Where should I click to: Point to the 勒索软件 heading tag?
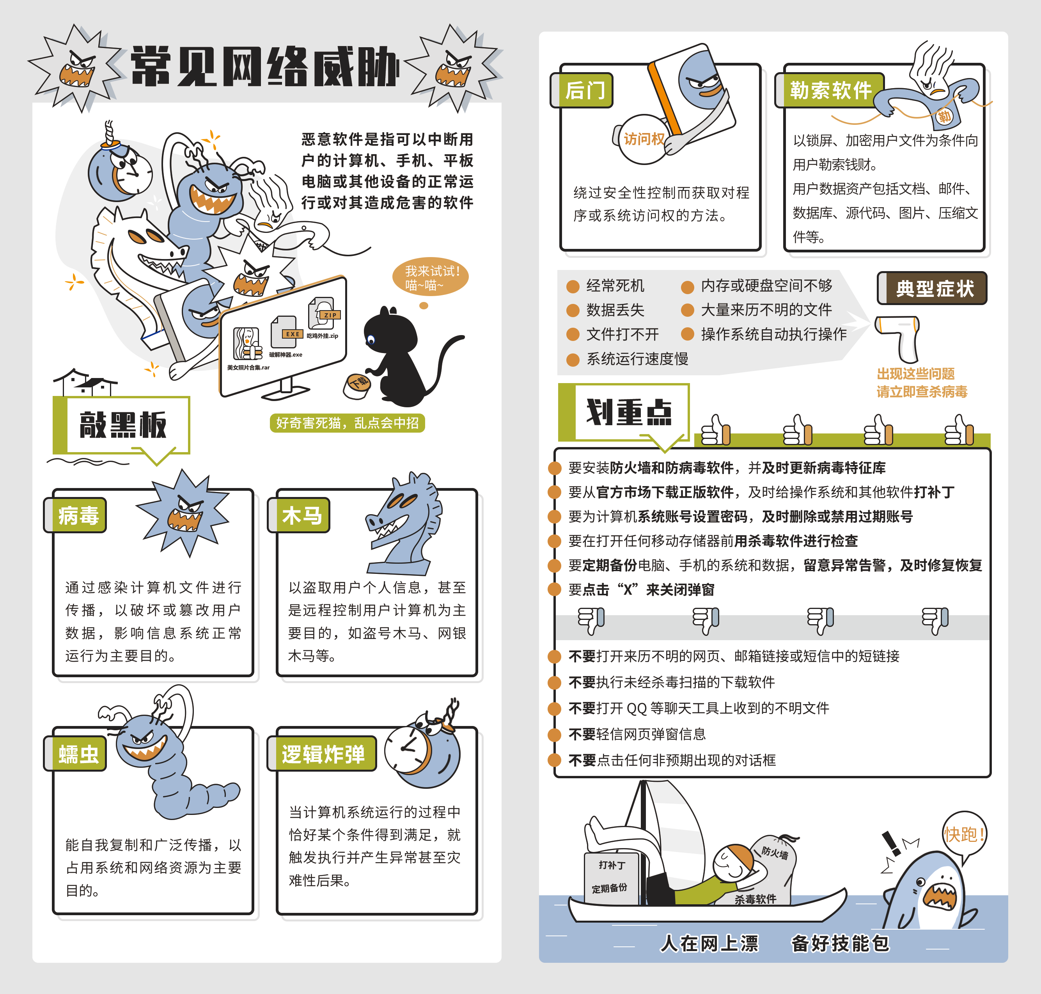pos(830,90)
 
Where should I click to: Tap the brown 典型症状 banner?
pos(933,289)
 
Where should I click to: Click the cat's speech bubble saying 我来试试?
pos(431,278)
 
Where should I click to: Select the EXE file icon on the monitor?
pos(284,332)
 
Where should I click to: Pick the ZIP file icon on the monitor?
pos(323,312)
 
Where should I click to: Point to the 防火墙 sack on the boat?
pos(775,853)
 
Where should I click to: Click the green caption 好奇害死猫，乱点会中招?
pos(347,423)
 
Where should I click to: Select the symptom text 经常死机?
pos(615,286)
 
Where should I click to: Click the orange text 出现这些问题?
pos(915,374)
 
